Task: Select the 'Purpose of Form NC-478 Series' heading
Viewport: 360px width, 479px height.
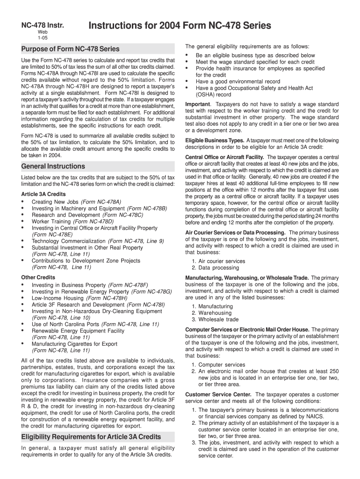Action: pyautogui.click(x=70, y=49)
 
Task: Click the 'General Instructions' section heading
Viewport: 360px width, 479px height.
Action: pyautogui.click(x=53, y=167)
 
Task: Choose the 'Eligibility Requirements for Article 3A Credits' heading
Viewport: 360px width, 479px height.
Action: pyautogui.click(x=91, y=437)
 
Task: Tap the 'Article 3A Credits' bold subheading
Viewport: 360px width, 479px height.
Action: pyautogui.click(x=43, y=194)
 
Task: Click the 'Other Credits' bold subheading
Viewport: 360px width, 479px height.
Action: pyautogui.click(x=38, y=277)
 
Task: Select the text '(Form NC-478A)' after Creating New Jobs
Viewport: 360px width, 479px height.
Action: pyautogui.click(x=101, y=202)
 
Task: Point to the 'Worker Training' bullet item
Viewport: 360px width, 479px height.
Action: pyautogui.click(x=51, y=221)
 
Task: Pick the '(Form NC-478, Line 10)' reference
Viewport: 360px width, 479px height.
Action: pyautogui.click(x=61, y=318)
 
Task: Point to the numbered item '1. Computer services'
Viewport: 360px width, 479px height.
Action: pyautogui.click(x=215, y=365)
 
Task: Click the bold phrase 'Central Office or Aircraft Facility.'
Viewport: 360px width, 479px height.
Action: pyautogui.click(x=225, y=157)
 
